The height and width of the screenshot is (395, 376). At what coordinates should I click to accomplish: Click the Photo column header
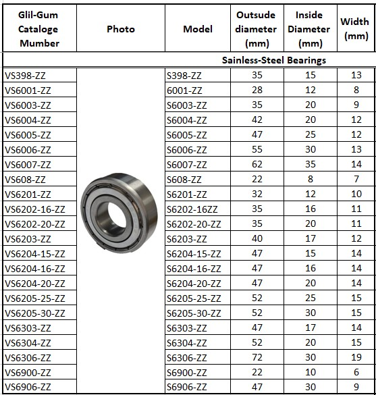[121, 29]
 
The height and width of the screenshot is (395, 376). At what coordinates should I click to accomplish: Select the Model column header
[198, 29]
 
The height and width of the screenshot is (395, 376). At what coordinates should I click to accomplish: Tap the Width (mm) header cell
[354, 29]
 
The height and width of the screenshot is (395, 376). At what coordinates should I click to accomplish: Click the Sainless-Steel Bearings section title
[274, 60]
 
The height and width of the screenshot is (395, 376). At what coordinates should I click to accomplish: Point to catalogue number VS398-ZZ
[25, 76]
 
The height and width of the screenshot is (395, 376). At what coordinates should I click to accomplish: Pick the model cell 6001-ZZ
[184, 90]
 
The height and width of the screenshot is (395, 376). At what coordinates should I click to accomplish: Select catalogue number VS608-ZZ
[25, 180]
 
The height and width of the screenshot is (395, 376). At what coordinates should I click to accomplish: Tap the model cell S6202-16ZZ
[192, 209]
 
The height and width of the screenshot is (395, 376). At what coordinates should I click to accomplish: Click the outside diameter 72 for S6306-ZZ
[257, 357]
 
